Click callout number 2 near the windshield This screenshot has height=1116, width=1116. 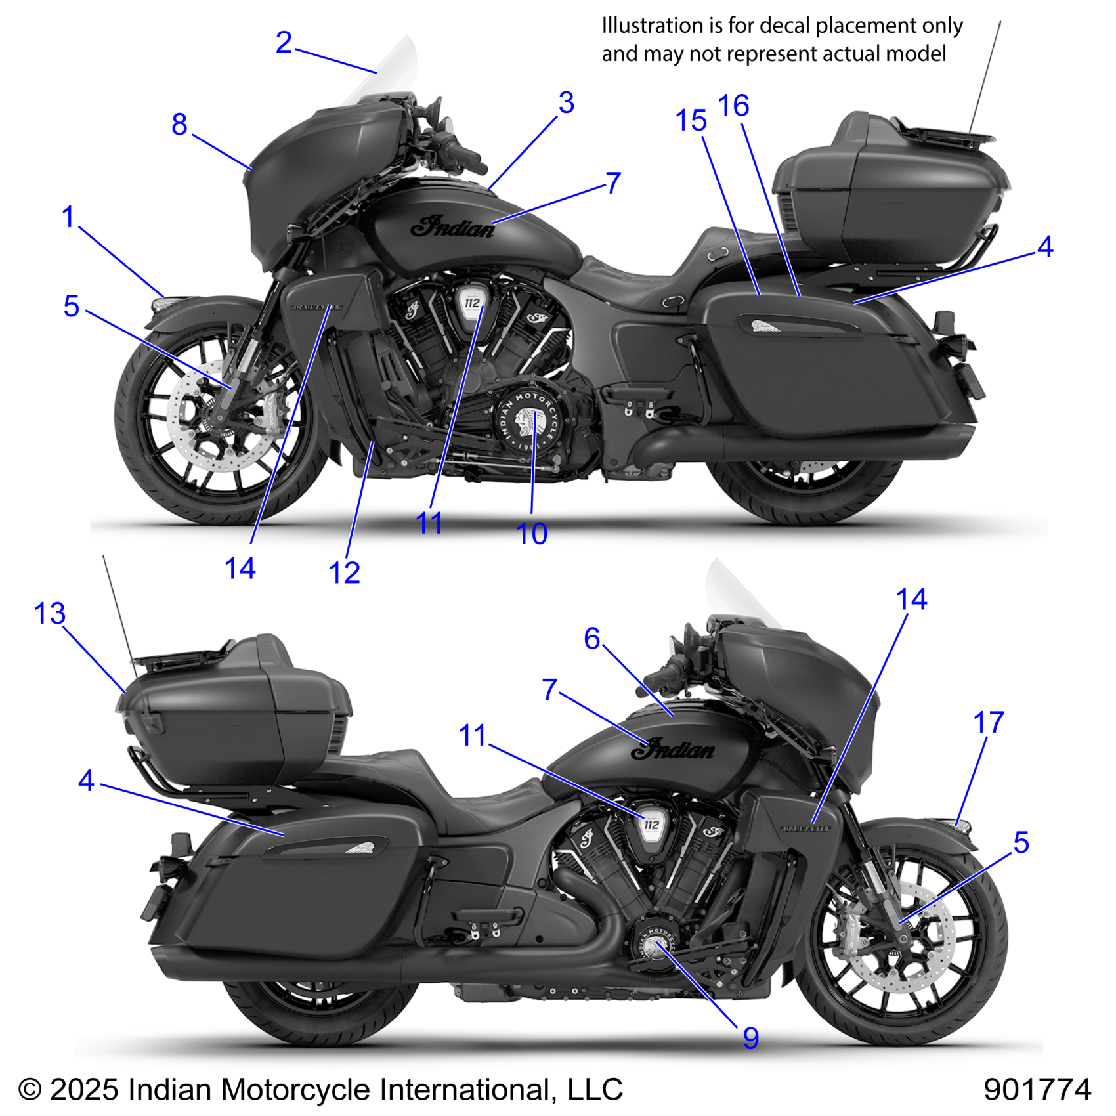click(x=284, y=43)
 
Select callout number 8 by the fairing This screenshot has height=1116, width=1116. click(x=179, y=124)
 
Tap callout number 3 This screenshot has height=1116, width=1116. click(x=566, y=103)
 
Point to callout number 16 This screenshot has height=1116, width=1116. click(x=733, y=106)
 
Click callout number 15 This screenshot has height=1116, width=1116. click(x=691, y=121)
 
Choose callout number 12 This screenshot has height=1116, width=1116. click(x=344, y=572)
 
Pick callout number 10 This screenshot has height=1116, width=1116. click(x=531, y=534)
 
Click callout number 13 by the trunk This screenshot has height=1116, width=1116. click(x=50, y=613)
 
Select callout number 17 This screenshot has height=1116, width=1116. click(x=988, y=723)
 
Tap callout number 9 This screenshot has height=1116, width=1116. click(x=750, y=1038)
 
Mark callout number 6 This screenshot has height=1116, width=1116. click(x=592, y=638)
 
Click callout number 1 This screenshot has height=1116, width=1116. click(x=68, y=217)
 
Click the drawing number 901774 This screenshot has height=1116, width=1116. click(x=1037, y=1089)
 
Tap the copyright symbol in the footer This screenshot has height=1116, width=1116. click(x=30, y=1090)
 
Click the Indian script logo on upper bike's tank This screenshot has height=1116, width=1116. click(x=453, y=227)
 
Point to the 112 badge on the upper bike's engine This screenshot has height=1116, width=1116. click(x=472, y=303)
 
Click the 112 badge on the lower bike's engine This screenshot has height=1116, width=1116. click(x=651, y=825)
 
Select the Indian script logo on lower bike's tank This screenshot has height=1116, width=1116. click(x=673, y=749)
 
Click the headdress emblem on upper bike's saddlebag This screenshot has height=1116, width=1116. click(x=765, y=326)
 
